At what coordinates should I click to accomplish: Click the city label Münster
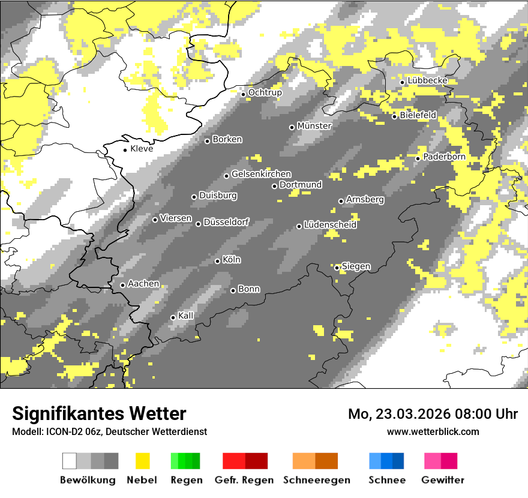(x=314, y=126)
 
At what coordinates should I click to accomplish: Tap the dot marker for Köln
(x=217, y=261)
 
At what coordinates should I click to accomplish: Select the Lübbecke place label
(x=427, y=81)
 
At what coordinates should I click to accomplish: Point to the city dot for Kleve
(x=125, y=149)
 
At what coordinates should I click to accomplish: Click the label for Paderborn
(x=444, y=157)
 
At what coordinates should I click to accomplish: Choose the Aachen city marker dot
(x=122, y=285)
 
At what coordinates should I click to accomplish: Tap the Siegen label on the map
(x=356, y=266)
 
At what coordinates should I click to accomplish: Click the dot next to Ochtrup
(x=243, y=94)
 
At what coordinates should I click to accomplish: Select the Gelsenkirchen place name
(x=261, y=174)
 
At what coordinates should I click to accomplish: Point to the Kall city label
(x=186, y=316)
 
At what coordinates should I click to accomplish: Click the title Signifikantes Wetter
(x=99, y=413)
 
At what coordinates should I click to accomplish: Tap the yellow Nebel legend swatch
(x=142, y=461)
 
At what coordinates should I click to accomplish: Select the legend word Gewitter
(x=443, y=480)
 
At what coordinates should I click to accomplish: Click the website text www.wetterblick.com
(x=433, y=431)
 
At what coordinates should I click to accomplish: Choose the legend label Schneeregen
(x=317, y=480)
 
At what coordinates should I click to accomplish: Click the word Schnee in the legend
(x=387, y=480)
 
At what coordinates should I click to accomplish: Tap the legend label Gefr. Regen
(x=244, y=480)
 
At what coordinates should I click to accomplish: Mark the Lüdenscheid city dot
(x=299, y=226)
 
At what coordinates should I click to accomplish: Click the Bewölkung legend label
(x=88, y=480)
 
